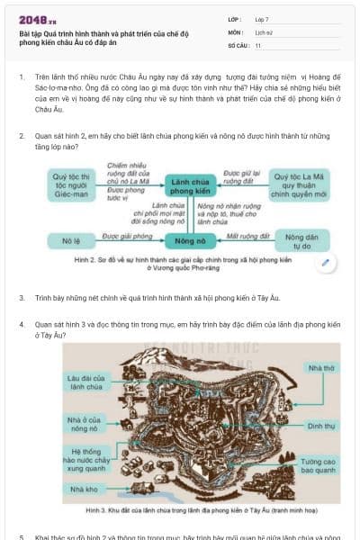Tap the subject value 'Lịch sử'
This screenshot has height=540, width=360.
(264, 31)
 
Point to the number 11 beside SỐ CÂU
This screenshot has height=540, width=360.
(258, 44)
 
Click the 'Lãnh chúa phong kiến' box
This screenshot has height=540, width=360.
(193, 186)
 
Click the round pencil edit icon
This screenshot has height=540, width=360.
(326, 264)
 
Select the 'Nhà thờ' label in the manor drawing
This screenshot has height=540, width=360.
(320, 367)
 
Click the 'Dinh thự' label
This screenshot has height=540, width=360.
(319, 426)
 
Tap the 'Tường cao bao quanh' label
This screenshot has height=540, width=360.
(318, 464)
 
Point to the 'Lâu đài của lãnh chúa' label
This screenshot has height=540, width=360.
(85, 383)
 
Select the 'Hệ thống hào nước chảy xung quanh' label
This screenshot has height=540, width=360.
(86, 459)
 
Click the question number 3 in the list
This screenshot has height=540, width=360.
(22, 297)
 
